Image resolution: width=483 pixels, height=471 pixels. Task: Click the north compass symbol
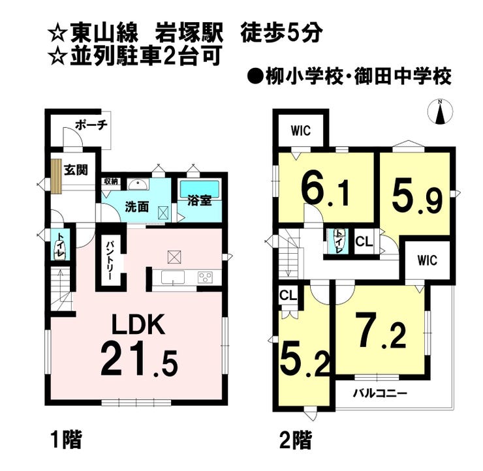point(441,112)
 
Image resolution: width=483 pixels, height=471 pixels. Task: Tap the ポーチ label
point(91,125)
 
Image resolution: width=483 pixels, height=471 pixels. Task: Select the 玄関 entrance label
point(76,170)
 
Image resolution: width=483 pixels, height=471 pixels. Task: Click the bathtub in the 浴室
point(200,189)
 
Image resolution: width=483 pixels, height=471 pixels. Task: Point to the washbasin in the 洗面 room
point(138,185)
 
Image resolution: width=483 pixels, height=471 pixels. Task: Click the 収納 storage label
point(110,181)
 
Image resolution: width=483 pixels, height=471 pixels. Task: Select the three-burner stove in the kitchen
point(204,277)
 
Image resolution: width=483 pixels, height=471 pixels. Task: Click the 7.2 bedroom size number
point(380,330)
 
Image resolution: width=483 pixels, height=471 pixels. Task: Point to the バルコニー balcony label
point(380,393)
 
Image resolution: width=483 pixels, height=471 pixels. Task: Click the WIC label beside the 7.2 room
point(428,260)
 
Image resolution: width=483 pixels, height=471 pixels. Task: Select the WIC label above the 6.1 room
point(301,131)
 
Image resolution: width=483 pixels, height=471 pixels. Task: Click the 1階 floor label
point(67,440)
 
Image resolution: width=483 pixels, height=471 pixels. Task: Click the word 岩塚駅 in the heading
point(189,33)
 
